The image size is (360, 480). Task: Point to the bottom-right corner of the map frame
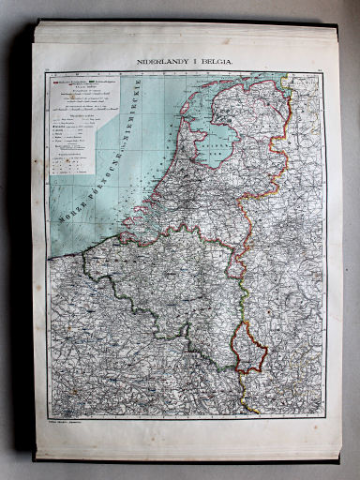[x=324, y=418]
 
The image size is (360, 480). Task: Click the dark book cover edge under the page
[x=187, y=460]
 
